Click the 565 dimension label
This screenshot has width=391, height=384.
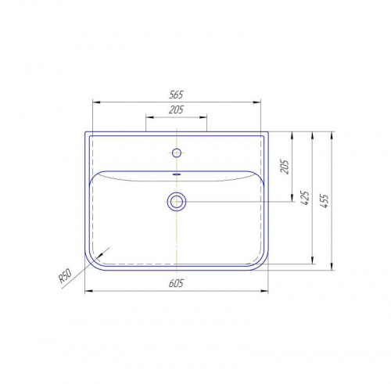pyautogui.click(x=176, y=95)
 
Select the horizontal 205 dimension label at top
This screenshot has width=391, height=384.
pyautogui.click(x=176, y=109)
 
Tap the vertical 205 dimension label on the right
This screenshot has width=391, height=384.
pyautogui.click(x=285, y=167)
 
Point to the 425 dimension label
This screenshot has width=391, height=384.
pyautogui.click(x=305, y=198)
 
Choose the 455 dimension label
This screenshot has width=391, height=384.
pyautogui.click(x=324, y=201)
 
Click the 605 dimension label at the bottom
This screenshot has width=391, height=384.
pyautogui.click(x=176, y=283)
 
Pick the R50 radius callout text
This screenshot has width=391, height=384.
pyautogui.click(x=65, y=276)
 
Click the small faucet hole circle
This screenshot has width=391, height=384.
pyautogui.click(x=177, y=153)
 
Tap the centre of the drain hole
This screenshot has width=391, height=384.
pyautogui.click(x=177, y=202)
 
